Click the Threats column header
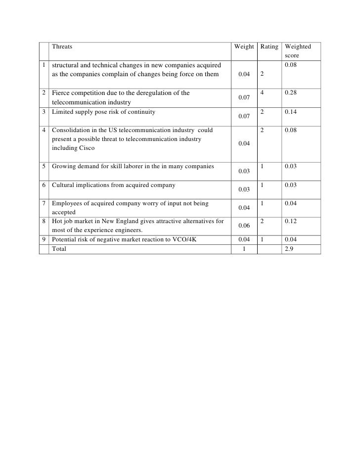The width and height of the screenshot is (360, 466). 62,47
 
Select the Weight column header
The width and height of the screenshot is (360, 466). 244,47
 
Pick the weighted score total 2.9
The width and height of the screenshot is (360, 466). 289,249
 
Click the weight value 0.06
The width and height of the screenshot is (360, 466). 244,226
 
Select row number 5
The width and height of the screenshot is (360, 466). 45,166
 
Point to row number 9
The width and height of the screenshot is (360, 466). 45,240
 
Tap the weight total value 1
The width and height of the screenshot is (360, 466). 244,249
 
